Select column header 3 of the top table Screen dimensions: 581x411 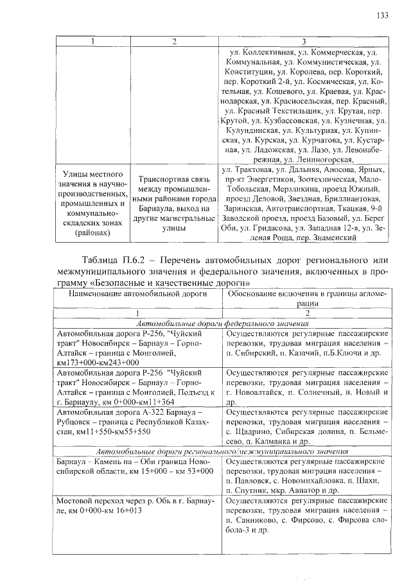point(304,42)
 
